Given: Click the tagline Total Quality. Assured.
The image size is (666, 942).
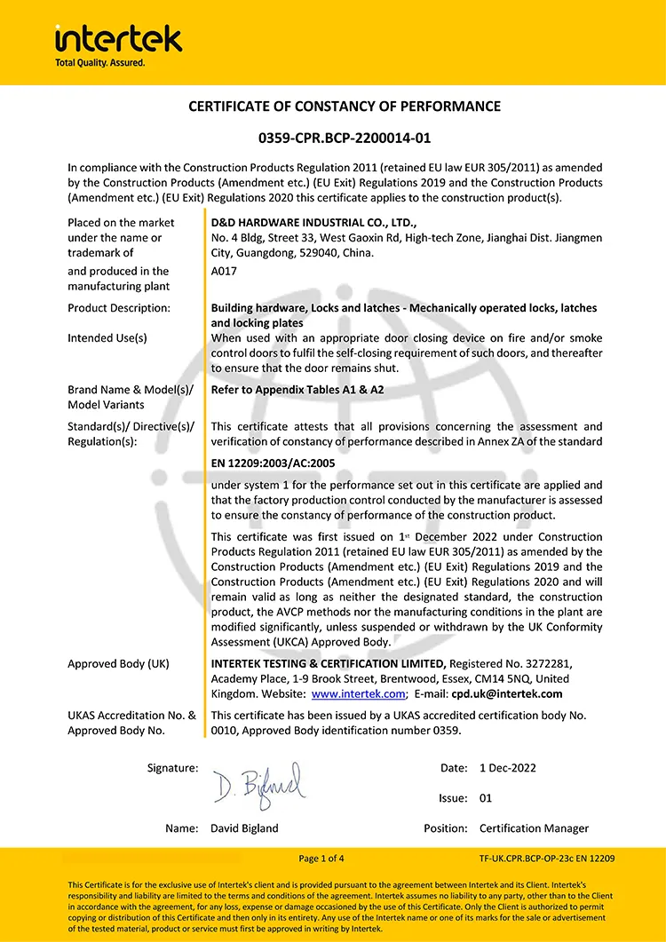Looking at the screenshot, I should point(99,63).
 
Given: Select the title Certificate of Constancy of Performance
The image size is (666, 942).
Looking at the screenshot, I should point(345,107).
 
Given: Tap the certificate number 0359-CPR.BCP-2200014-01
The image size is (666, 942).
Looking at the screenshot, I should point(345,139).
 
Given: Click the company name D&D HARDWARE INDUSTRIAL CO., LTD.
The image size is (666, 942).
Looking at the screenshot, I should point(313,223).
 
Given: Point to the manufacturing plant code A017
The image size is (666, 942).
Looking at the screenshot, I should point(223,272).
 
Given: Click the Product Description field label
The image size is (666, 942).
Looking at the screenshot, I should point(119,308).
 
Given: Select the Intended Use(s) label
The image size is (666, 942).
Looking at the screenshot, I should point(107,338).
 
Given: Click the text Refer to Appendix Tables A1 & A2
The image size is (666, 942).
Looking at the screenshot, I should point(297,390).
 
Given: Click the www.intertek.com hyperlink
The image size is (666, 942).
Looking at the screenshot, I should point(358,694).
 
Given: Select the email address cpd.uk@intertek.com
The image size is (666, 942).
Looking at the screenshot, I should point(506,694).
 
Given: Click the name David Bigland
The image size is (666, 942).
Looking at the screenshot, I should point(244,828).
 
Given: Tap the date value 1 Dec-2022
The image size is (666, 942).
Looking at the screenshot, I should point(508,768).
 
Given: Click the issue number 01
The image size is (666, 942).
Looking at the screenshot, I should point(486,798).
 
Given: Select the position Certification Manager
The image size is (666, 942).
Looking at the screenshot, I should point(534,828).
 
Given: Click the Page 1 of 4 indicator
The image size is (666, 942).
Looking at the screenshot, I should point(321,859).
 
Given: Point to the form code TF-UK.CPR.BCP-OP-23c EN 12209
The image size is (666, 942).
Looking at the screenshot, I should point(546,859).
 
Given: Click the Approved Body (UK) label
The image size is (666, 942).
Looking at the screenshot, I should point(118,664).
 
